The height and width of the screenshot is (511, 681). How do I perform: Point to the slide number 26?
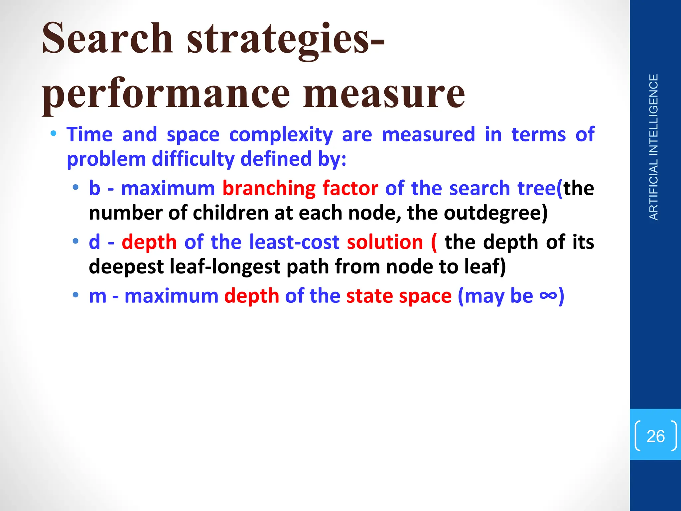[655, 436]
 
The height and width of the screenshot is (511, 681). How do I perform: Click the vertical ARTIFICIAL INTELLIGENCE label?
[653, 147]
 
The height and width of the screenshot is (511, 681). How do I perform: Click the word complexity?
[281, 135]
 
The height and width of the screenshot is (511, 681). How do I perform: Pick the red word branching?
[269, 189]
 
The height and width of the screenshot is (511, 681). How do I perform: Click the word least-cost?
[294, 242]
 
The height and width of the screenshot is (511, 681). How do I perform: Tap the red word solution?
[385, 242]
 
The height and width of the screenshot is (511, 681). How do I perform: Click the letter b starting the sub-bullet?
[94, 188]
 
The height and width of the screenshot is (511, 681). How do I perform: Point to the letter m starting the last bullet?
[97, 296]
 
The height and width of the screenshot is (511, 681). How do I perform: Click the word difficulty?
[193, 159]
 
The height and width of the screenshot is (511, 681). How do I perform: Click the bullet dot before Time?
[53, 134]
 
